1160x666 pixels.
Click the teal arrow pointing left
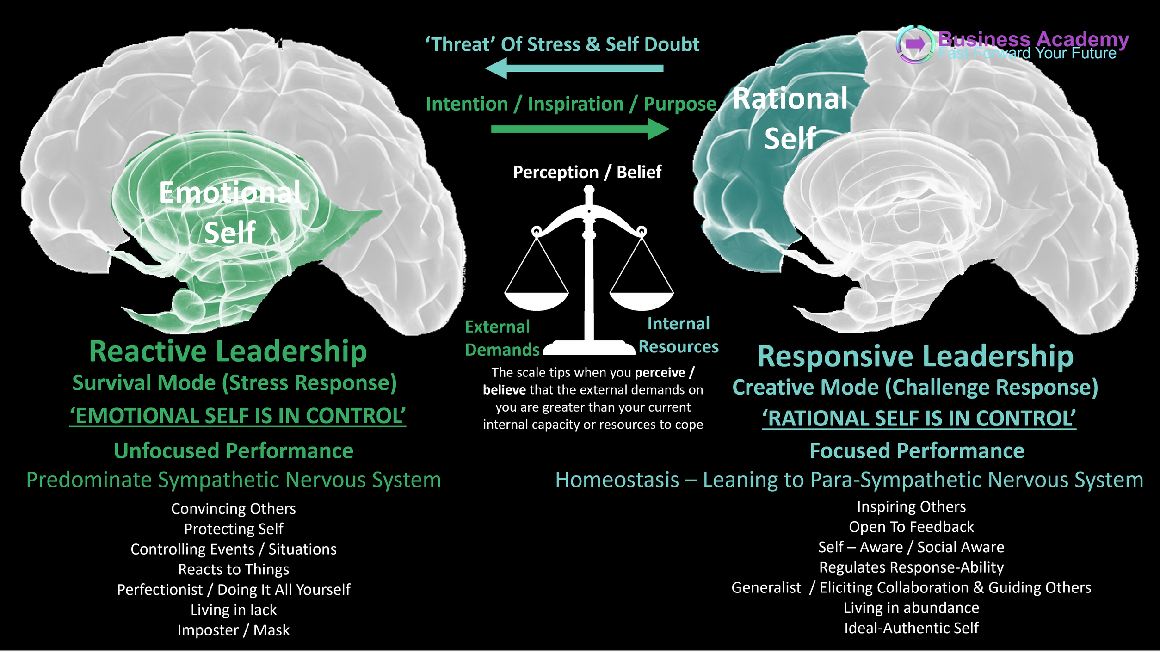point(574,68)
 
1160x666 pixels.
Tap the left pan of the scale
point(537,301)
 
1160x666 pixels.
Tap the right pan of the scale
point(642,301)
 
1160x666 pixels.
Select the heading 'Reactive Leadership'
point(228,351)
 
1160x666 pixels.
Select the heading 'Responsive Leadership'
point(915,357)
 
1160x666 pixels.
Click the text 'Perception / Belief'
point(587,172)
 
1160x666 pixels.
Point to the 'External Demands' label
point(502,338)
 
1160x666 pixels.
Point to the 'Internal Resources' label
point(679,335)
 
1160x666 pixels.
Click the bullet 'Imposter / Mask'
point(234,630)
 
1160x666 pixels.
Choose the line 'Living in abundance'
point(911,608)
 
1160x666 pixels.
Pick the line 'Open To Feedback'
point(911,527)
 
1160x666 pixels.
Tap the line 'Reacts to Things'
point(234,569)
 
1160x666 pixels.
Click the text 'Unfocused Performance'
point(234,451)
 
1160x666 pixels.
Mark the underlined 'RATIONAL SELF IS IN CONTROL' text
point(919,419)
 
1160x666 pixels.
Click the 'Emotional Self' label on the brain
point(230,212)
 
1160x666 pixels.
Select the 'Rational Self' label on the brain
point(790,118)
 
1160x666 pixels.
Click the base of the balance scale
point(589,348)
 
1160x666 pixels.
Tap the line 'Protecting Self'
point(234,529)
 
